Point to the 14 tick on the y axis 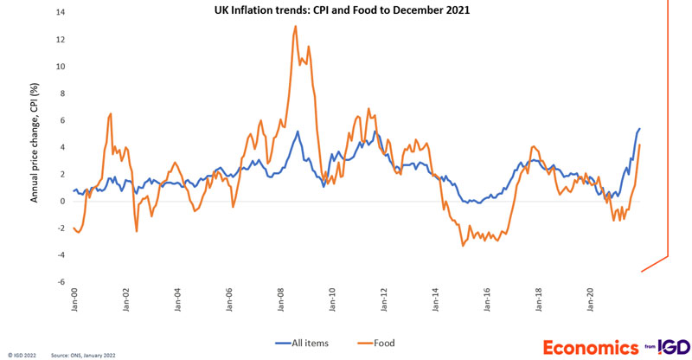[x=59, y=13]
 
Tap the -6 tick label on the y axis [x=59, y=281]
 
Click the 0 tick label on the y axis [x=61, y=201]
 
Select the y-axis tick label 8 [x=61, y=93]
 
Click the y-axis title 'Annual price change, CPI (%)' [x=35, y=147]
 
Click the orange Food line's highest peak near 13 [x=296, y=26]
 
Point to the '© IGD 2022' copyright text [x=22, y=355]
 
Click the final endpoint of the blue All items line [x=639, y=129]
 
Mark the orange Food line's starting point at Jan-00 [x=74, y=228]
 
